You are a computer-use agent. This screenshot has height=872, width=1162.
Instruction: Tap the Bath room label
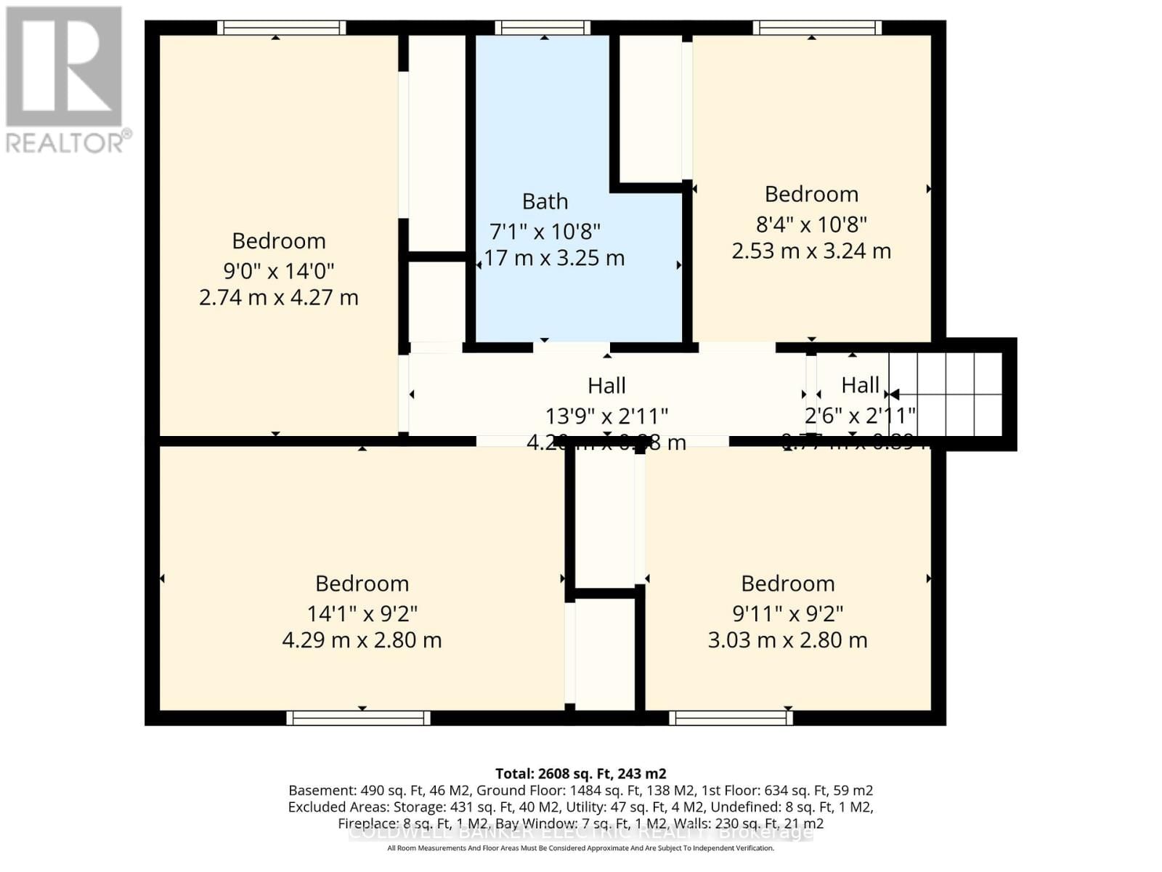click(x=545, y=201)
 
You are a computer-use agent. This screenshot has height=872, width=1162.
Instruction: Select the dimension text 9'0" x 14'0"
click(x=278, y=271)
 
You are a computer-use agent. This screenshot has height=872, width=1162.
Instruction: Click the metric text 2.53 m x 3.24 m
click(x=810, y=251)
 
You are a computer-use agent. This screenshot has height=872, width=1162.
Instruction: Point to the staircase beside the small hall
click(x=945, y=395)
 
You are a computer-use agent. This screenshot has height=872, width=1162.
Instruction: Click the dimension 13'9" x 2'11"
click(x=606, y=416)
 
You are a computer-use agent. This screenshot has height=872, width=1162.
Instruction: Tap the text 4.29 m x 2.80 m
click(x=362, y=640)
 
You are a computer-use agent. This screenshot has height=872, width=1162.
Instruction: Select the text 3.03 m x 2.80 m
click(x=787, y=640)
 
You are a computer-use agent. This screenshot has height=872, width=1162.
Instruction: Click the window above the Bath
click(x=543, y=28)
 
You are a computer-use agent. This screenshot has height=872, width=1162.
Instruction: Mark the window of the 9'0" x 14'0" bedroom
click(x=281, y=28)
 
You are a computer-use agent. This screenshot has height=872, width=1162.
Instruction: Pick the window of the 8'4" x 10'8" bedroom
click(x=816, y=28)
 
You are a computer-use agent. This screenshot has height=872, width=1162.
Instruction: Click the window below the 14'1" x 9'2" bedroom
click(x=358, y=718)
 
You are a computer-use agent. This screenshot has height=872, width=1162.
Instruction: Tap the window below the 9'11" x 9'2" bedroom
click(x=731, y=718)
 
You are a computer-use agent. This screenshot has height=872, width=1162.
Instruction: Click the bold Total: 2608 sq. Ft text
click(x=580, y=774)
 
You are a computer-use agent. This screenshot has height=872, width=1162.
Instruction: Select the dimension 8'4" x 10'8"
click(x=811, y=225)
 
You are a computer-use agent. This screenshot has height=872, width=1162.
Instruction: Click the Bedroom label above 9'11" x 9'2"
click(x=787, y=584)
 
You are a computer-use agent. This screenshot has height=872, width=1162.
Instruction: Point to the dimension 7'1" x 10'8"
click(x=545, y=232)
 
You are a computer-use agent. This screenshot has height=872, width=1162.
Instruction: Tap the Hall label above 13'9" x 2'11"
click(x=606, y=385)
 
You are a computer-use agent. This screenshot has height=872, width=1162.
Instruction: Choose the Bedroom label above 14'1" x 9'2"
click(x=362, y=584)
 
